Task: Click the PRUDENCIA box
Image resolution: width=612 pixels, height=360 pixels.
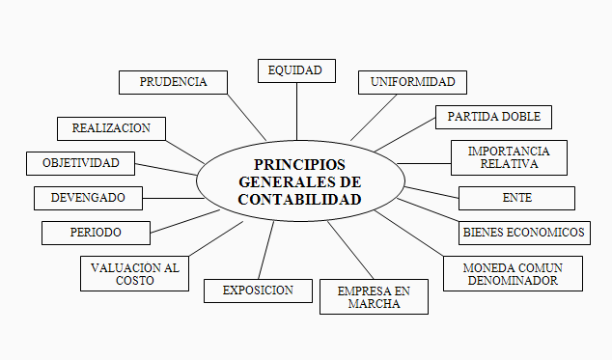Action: [173, 82]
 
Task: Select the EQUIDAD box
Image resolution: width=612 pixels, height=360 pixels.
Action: [296, 70]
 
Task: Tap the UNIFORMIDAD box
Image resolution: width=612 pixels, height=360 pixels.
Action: [412, 82]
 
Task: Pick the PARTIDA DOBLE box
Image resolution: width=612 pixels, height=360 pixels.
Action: [493, 118]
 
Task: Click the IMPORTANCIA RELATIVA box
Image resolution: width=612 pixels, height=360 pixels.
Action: [509, 157]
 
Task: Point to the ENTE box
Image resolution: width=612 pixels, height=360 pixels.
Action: [516, 198]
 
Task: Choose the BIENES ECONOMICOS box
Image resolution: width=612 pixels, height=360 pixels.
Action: [536, 233]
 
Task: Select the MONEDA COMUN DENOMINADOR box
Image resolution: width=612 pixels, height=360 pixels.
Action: [513, 273]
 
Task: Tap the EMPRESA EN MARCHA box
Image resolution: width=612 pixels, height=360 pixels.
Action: [374, 296]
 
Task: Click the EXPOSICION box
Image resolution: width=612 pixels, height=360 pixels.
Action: [259, 290]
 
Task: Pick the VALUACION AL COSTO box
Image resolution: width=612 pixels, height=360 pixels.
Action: [134, 273]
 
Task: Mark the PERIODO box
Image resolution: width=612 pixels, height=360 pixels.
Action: [96, 233]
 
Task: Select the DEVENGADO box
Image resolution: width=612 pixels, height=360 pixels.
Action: [88, 198]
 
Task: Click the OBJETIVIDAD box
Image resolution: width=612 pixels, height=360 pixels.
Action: [80, 163]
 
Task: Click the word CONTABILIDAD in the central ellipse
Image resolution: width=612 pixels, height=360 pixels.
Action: [299, 200]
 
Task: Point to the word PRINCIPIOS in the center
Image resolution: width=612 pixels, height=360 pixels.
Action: [299, 164]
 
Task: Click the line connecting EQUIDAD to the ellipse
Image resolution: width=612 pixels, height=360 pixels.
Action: [296, 111]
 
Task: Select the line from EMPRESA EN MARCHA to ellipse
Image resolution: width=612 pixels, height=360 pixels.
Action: [349, 251]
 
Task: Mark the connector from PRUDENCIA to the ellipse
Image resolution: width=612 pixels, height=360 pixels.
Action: [247, 117]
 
